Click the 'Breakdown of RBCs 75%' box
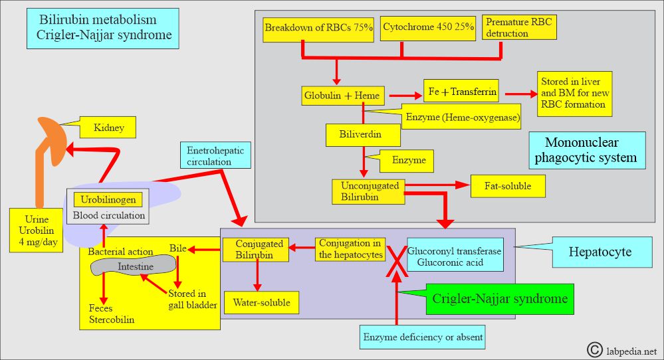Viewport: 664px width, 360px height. [319, 28]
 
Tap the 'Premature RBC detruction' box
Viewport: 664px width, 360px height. [518, 27]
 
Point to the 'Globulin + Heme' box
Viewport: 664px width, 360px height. [341, 95]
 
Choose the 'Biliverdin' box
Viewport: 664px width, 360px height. [363, 135]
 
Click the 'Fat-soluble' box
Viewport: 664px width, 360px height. [507, 187]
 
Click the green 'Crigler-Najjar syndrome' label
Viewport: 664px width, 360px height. [500, 299]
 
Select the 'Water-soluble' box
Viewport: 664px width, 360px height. [261, 302]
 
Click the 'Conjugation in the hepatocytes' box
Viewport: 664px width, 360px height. [349, 248]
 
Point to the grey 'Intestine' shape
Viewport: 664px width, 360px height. [136, 266]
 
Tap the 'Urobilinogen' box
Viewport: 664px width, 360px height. [108, 199]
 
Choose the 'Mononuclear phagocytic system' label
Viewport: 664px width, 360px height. [586, 150]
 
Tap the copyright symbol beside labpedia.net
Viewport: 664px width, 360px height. [594, 349]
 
